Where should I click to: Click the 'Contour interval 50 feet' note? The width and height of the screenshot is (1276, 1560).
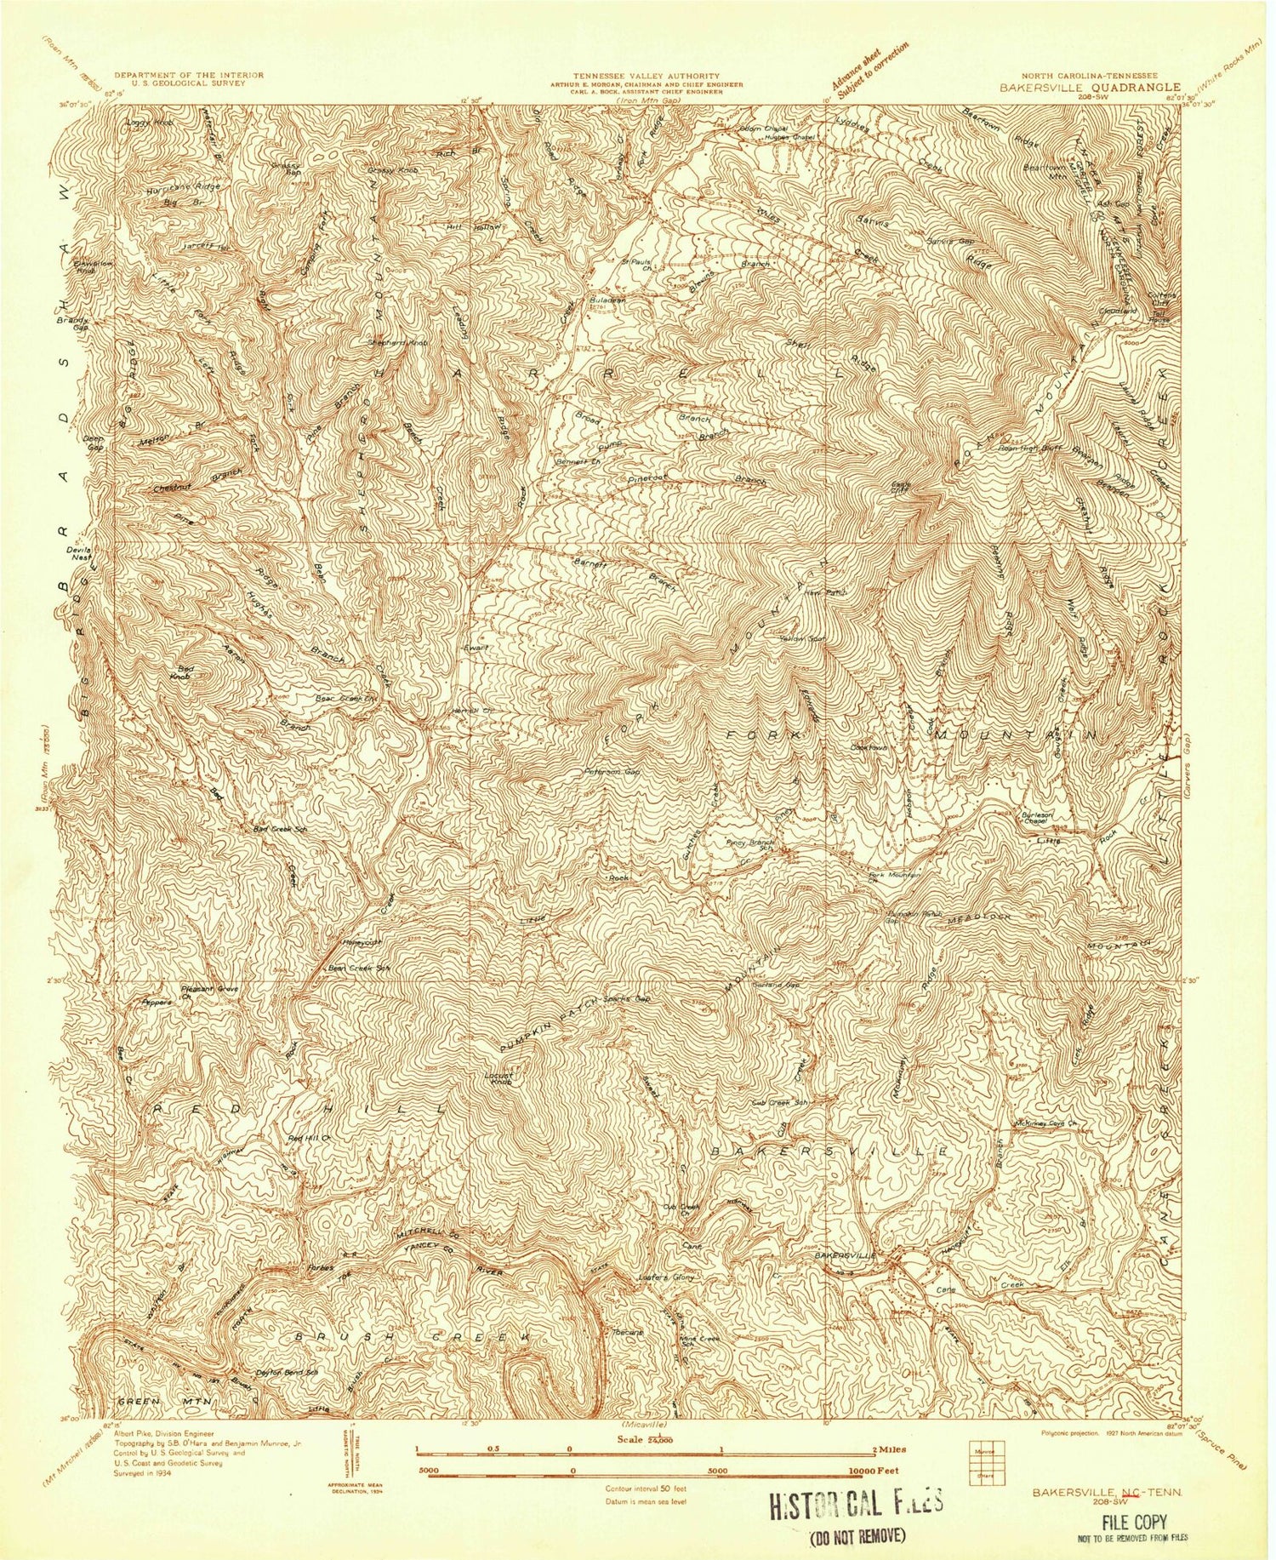(646, 1487)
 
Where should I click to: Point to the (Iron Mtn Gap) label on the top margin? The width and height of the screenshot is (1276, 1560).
(646, 101)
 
